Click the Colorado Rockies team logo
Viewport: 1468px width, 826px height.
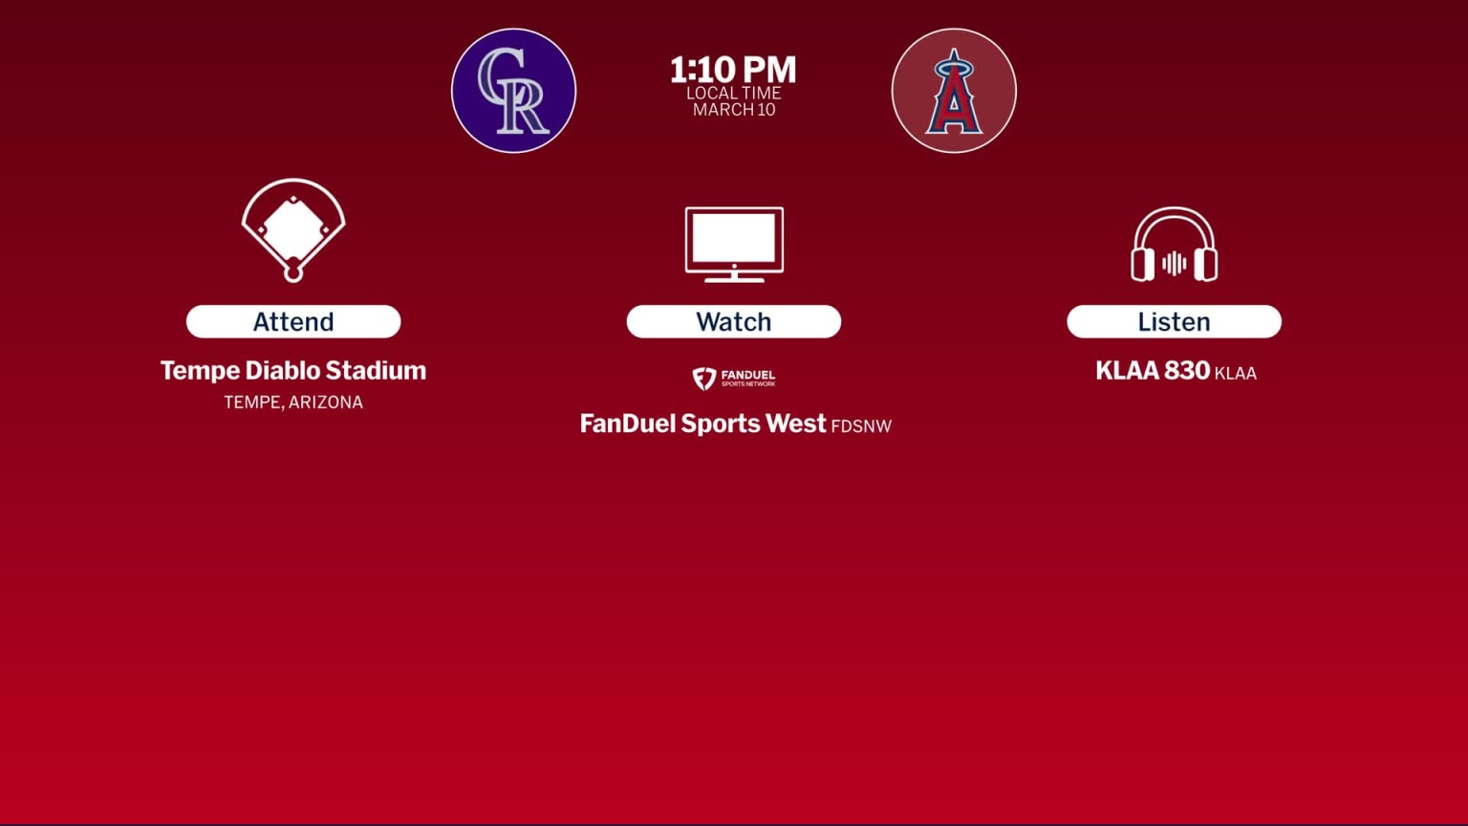point(514,91)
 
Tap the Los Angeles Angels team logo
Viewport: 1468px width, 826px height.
point(954,91)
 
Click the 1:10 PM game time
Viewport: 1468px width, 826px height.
point(733,70)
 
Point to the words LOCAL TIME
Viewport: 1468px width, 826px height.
point(733,93)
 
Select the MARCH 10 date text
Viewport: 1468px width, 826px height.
point(733,110)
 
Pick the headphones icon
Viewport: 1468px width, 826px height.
point(1174,246)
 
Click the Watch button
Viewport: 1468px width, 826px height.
point(734,321)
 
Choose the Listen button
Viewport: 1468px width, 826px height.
point(1174,321)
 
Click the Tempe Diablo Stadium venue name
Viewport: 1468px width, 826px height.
point(292,371)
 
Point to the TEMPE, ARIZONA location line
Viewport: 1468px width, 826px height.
point(292,402)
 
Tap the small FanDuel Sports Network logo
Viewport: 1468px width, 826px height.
point(734,379)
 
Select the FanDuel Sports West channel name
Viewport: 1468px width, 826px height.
point(702,424)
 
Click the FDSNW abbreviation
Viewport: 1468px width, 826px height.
point(861,426)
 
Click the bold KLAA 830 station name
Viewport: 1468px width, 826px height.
point(1153,371)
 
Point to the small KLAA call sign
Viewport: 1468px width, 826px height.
point(1235,374)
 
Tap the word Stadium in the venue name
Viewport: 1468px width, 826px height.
point(376,371)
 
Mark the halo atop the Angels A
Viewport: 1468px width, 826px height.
point(953,68)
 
